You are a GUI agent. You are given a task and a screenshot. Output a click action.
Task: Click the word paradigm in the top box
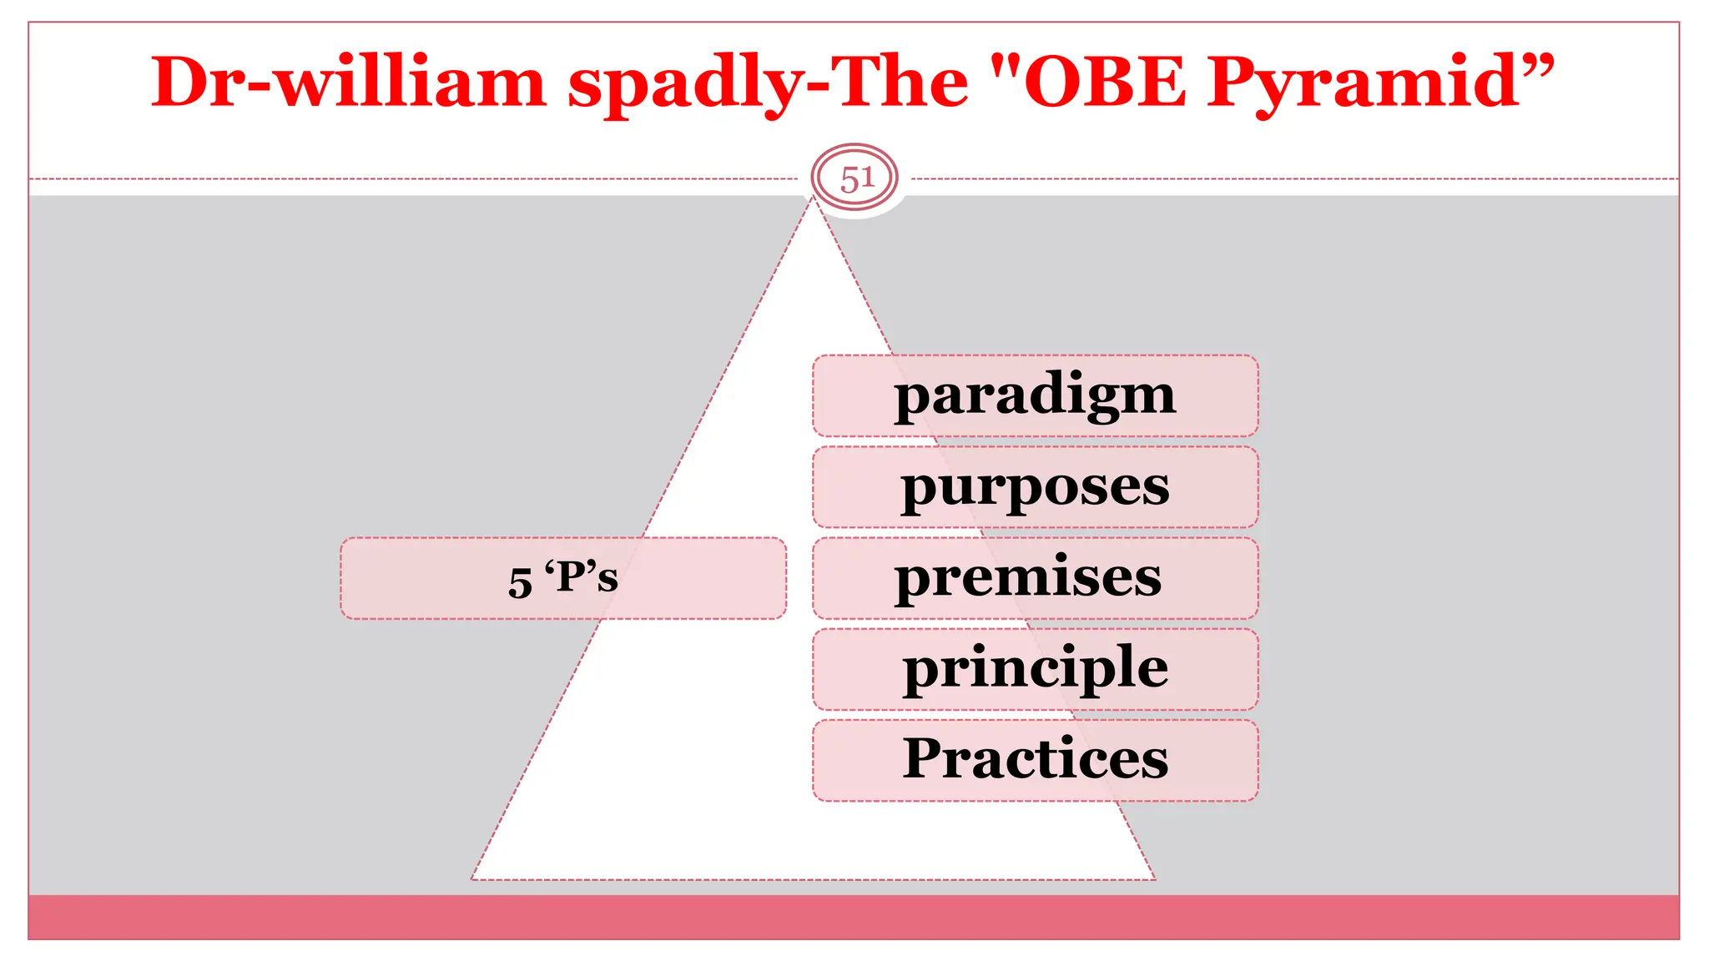(1035, 395)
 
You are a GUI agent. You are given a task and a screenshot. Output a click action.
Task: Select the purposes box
(1035, 487)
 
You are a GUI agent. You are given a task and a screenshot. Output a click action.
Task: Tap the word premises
(1028, 577)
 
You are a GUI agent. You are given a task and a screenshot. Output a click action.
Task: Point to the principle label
(1035, 669)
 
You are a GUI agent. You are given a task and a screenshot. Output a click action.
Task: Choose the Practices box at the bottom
(1035, 761)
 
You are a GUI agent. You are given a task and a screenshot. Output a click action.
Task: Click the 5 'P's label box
(563, 578)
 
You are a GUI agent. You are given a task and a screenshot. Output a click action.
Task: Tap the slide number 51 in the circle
(855, 179)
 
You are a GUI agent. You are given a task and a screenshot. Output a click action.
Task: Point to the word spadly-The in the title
(768, 83)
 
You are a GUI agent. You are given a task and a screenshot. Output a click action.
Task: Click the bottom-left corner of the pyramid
(473, 878)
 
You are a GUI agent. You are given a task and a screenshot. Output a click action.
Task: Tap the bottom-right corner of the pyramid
(1154, 878)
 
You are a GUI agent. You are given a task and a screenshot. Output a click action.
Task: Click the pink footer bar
(854, 917)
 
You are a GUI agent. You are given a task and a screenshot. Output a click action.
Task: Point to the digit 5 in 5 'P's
(520, 582)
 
